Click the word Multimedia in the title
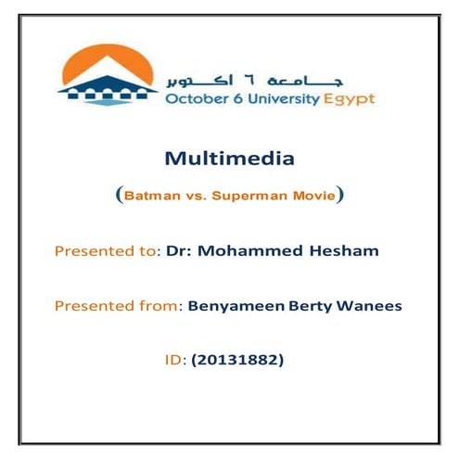(229, 159)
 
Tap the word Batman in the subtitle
(147, 197)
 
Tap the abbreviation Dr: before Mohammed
(176, 251)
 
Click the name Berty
(295, 306)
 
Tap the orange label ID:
(173, 360)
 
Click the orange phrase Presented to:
(108, 251)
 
